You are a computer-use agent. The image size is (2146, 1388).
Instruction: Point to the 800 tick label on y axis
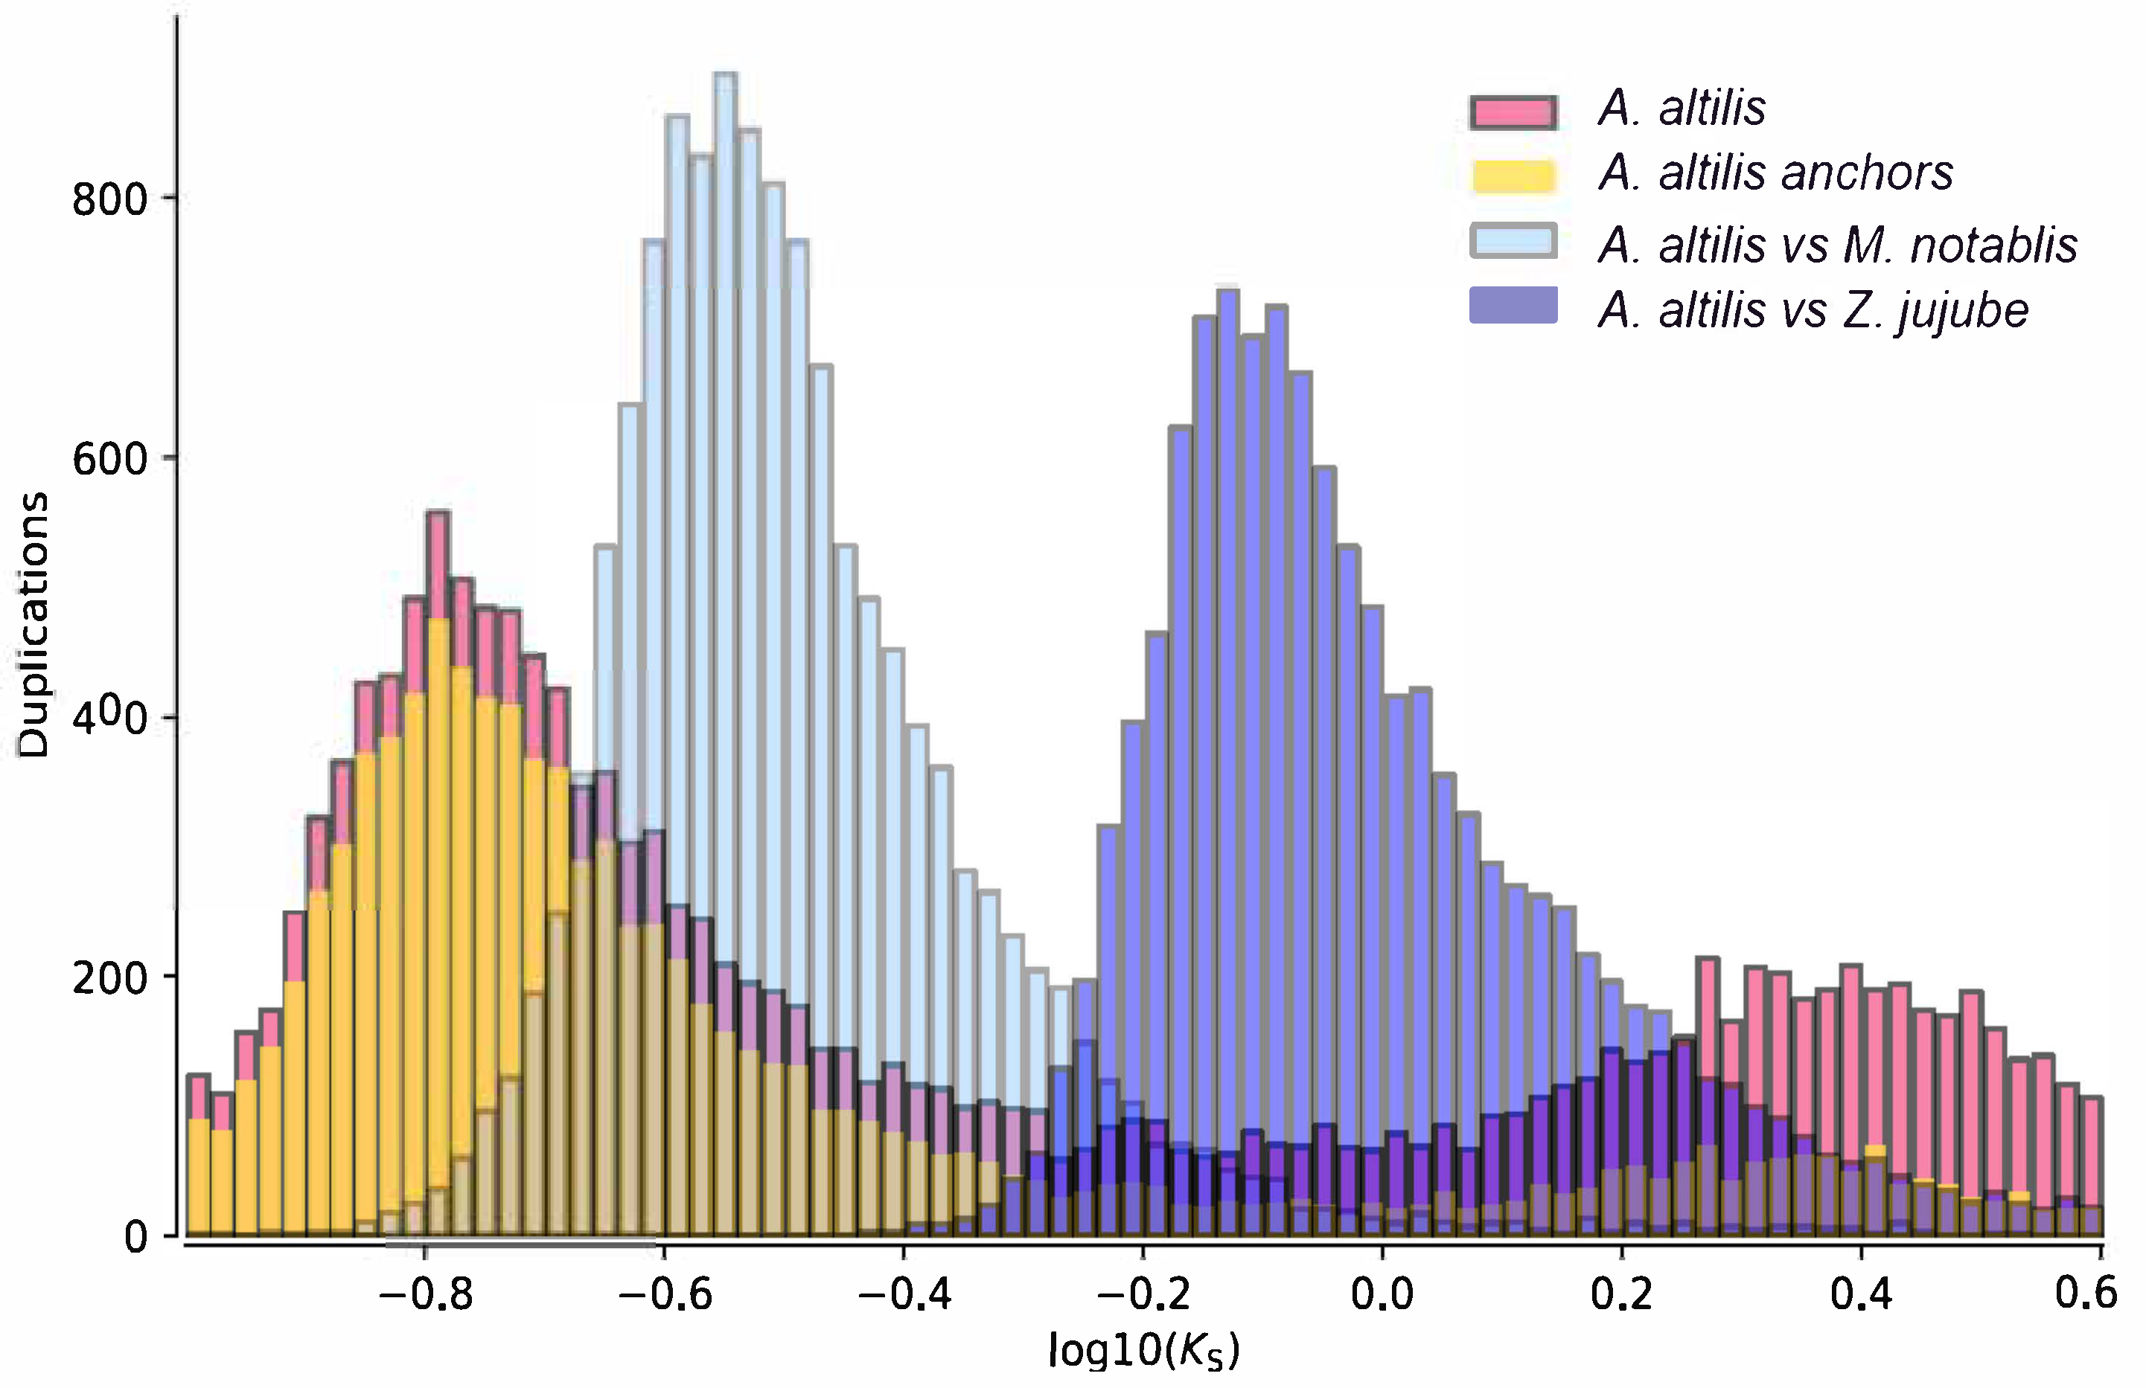[x=109, y=200]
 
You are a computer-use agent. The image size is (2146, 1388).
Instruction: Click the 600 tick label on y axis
[x=109, y=460]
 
